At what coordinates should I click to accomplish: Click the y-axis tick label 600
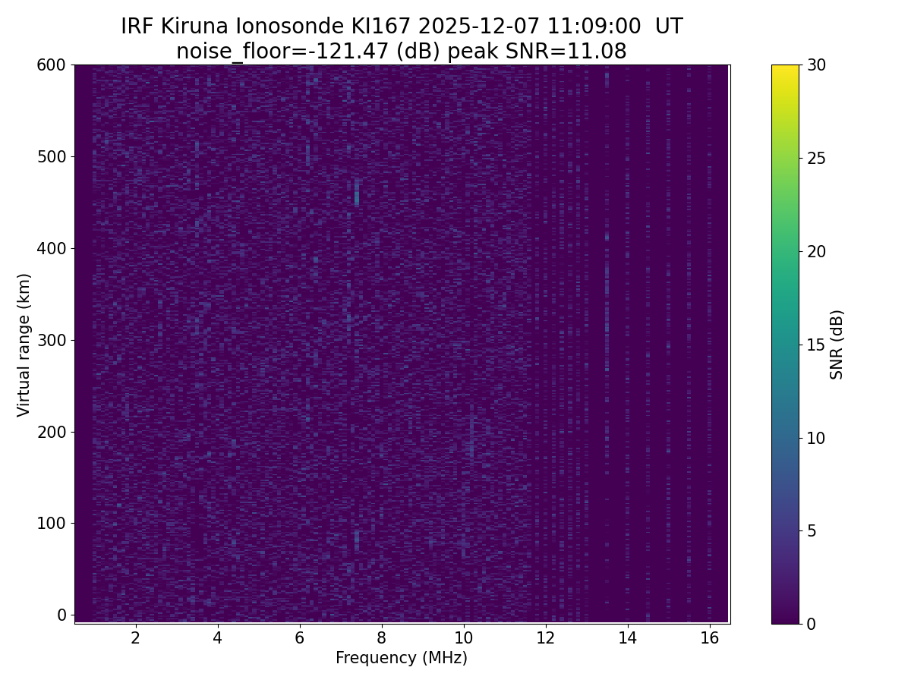click(52, 65)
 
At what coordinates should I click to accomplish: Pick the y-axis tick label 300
click(52, 340)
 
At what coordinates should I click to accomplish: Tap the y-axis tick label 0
click(62, 615)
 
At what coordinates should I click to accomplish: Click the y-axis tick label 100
click(52, 523)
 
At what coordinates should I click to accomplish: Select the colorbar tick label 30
click(816, 65)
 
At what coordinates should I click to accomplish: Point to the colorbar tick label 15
click(816, 345)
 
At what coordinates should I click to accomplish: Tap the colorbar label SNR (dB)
click(837, 345)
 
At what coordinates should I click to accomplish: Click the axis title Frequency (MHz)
click(402, 658)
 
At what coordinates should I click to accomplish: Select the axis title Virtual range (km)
click(24, 345)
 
